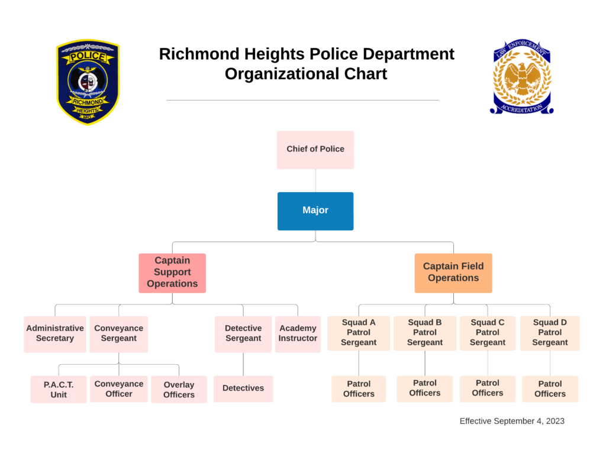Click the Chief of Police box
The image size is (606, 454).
click(315, 150)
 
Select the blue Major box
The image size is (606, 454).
click(315, 210)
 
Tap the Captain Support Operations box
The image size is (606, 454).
click(172, 273)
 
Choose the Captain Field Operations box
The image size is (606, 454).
click(453, 273)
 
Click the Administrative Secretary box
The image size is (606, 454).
click(55, 334)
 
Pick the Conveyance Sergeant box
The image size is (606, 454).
click(118, 334)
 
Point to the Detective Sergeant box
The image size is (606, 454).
click(243, 334)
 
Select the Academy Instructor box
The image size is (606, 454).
click(298, 334)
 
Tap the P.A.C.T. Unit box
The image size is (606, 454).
click(59, 390)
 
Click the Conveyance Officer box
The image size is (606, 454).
click(118, 389)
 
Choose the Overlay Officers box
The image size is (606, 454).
click(179, 390)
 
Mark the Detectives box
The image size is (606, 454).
click(243, 389)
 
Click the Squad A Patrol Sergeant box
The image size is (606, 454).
click(359, 333)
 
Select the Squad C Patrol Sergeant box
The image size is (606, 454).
click(488, 333)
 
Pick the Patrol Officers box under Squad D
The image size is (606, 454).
click(550, 389)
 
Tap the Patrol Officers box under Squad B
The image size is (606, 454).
click(425, 388)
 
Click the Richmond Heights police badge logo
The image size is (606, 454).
click(88, 82)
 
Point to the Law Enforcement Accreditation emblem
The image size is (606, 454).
click(521, 77)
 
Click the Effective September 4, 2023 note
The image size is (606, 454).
click(512, 421)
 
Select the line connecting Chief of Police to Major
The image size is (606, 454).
click(315, 180)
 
